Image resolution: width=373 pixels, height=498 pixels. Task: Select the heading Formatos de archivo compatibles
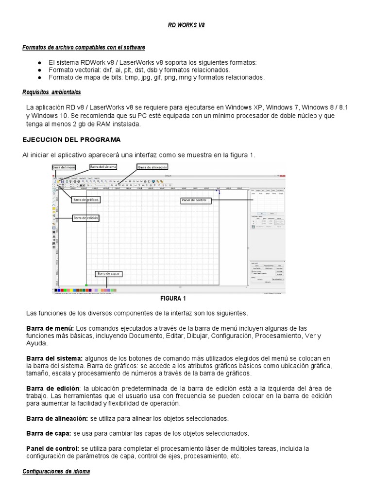point(84,47)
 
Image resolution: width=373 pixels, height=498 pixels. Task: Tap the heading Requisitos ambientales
point(51,92)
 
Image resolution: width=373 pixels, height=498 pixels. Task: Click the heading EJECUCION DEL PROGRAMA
point(71,140)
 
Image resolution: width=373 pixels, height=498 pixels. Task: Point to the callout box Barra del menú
point(64,167)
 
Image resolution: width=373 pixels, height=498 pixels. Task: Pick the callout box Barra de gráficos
point(86,200)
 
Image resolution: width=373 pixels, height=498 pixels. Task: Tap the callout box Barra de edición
point(86,218)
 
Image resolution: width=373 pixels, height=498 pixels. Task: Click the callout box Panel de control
point(196,200)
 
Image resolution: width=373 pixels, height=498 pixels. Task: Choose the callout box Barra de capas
point(108,274)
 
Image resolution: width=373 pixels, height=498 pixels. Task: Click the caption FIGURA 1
point(172,299)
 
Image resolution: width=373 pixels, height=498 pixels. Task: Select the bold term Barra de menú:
point(50,328)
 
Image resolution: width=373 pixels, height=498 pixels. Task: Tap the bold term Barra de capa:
point(49,433)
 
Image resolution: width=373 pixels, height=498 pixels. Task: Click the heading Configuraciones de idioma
point(56,471)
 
